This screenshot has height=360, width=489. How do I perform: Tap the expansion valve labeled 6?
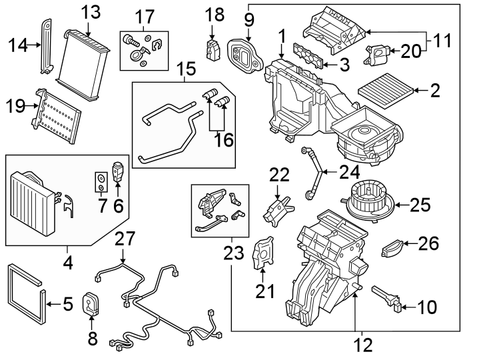120,169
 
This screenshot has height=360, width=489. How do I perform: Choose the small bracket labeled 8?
90,305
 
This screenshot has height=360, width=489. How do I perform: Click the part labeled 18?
213,47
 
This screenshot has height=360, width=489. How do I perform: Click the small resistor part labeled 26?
392,250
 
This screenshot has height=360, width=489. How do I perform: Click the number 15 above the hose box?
187,69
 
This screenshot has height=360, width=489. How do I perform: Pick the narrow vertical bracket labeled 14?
47,44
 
